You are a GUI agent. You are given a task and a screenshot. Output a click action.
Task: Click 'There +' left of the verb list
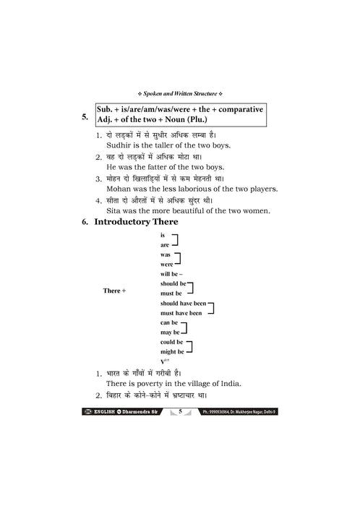coord(114,290)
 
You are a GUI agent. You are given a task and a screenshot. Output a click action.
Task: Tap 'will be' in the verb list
coord(170,274)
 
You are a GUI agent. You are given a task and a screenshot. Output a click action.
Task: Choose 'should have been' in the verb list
coord(183,304)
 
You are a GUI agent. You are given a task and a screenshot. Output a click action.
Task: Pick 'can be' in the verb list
coord(168,322)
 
